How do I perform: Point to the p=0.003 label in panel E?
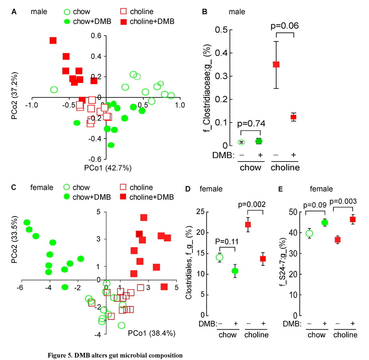[x=346, y=201]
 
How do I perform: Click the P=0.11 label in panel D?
[x=225, y=241]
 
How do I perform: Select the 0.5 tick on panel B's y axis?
[x=220, y=30]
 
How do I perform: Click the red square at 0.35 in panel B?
[x=276, y=65]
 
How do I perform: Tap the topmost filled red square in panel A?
[x=53, y=40]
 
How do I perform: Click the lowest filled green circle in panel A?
[x=111, y=145]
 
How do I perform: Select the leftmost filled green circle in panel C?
[x=27, y=223]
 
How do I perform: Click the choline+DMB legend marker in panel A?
[x=123, y=22]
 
